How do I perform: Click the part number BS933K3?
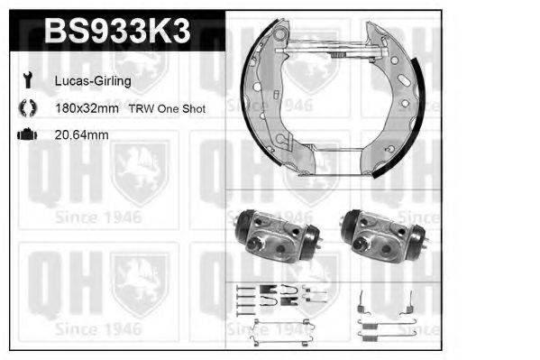[116, 32]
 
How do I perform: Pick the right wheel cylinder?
[380, 236]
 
